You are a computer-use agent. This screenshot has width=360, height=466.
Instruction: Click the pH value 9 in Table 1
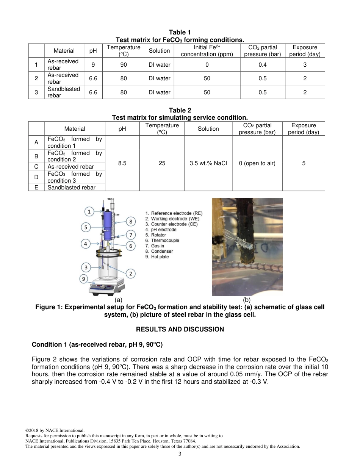pyautogui.click(x=93, y=65)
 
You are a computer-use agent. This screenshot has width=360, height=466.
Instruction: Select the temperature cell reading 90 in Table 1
pyautogui.click(x=124, y=65)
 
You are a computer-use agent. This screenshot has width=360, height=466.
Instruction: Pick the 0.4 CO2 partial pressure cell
pyautogui.click(x=263, y=65)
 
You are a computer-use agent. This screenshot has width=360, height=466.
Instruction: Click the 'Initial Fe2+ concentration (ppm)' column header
pyautogui.click(x=207, y=51)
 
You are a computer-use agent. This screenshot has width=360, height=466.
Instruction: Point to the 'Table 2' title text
pyautogui.click(x=180, y=110)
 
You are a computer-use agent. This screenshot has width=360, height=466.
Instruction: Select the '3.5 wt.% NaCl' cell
pyautogui.click(x=208, y=163)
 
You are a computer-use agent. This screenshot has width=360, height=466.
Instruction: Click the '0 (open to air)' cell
pyautogui.click(x=257, y=163)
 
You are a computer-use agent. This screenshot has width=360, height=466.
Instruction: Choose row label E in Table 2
pyautogui.click(x=36, y=187)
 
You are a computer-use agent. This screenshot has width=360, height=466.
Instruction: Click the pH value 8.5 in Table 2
pyautogui.click(x=122, y=163)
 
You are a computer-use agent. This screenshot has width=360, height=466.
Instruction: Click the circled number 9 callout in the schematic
pyautogui.click(x=84, y=279)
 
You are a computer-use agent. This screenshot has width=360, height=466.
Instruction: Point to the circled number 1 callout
pyautogui.click(x=89, y=211)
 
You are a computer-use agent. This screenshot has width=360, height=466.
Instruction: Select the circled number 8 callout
pyautogui.click(x=131, y=221)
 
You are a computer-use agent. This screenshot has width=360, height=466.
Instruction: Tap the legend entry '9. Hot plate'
pyautogui.click(x=157, y=256)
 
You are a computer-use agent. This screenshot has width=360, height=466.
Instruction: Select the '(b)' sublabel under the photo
pyautogui.click(x=247, y=300)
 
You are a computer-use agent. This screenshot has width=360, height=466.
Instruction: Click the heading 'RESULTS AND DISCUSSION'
pyautogui.click(x=180, y=329)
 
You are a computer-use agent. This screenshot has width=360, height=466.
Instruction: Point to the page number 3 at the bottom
pyautogui.click(x=180, y=454)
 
